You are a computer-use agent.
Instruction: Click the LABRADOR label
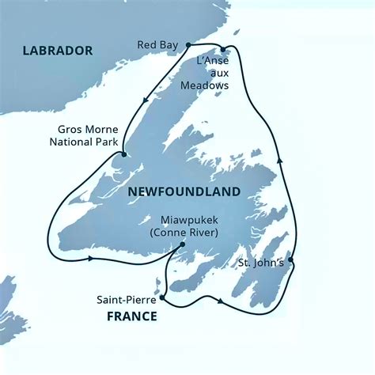(x=58, y=51)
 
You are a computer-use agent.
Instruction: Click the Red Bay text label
(x=158, y=45)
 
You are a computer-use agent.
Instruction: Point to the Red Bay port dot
(x=188, y=45)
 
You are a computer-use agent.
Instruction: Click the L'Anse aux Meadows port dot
(x=224, y=49)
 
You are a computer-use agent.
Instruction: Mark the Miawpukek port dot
(x=183, y=244)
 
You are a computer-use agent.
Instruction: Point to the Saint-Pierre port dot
(x=161, y=299)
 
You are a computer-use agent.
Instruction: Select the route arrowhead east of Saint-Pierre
(x=218, y=302)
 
